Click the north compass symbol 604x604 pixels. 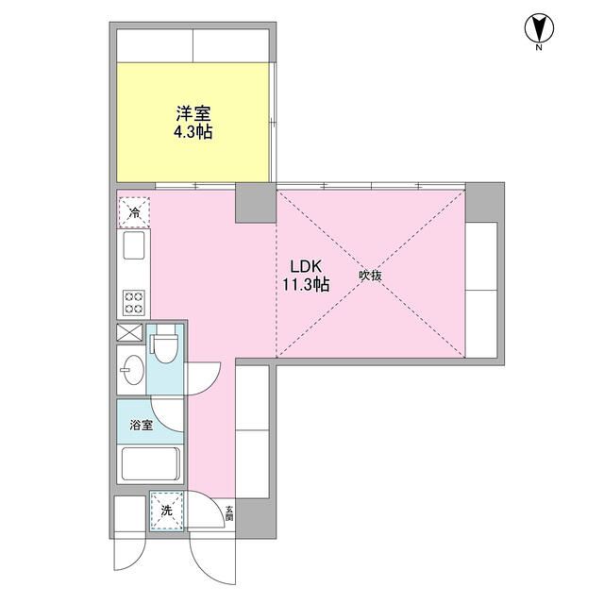tap(537, 29)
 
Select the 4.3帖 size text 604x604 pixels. tap(193, 132)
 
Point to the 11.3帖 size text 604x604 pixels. tap(303, 284)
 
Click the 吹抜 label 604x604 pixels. tap(369, 276)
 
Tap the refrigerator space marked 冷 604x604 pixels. tap(132, 211)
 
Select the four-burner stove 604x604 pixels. tap(132, 301)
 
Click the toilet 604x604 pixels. tap(167, 346)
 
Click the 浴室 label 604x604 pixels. tap(142, 426)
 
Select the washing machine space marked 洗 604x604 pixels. tap(167, 511)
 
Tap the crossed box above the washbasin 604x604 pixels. tap(128, 333)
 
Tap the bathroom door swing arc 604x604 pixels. tap(171, 412)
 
